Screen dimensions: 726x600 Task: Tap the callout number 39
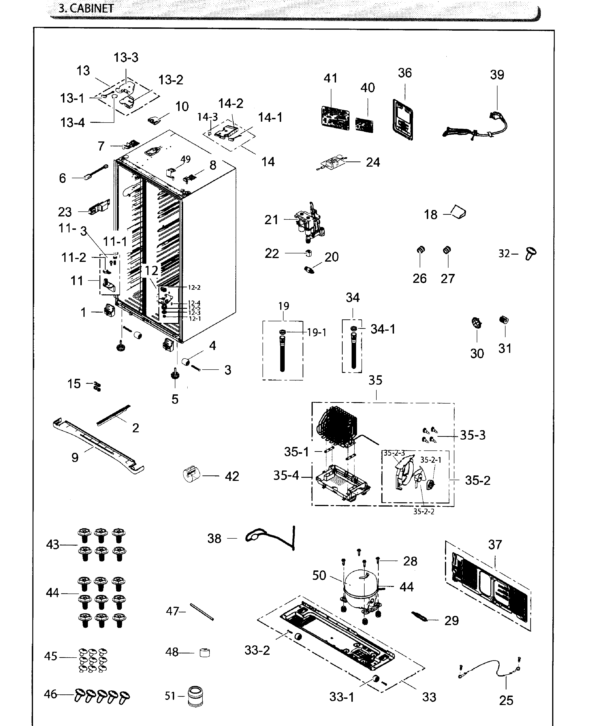(497, 75)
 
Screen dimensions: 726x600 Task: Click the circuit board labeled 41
(335, 118)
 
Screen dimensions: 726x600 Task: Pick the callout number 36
(405, 73)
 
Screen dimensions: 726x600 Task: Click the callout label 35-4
(286, 476)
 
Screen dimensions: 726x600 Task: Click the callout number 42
(232, 476)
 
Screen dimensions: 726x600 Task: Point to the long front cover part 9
(99, 446)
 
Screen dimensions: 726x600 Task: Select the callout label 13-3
(126, 57)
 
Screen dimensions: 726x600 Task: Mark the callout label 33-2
(257, 650)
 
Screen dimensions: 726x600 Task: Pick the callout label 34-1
(383, 329)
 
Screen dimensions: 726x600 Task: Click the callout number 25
(506, 700)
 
